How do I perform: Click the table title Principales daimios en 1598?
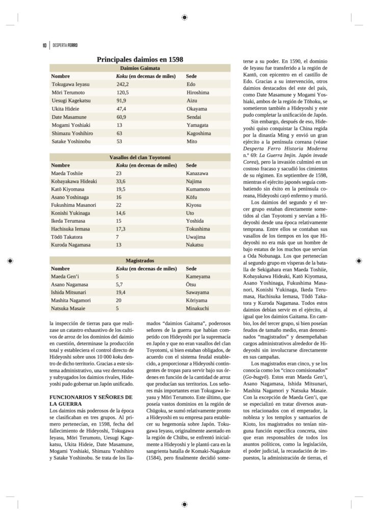coord(140,60)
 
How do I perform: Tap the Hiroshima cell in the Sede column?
coord(198,92)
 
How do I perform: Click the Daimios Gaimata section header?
coord(140,68)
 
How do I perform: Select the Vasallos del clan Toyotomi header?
coord(140,158)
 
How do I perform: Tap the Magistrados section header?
coord(140,260)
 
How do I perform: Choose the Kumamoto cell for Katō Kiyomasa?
coord(198,189)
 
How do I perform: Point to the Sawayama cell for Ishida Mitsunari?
coord(197,292)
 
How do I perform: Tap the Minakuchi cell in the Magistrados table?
coord(198,308)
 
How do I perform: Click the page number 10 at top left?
coord(45,45)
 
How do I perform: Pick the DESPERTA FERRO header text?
coord(65,45)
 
